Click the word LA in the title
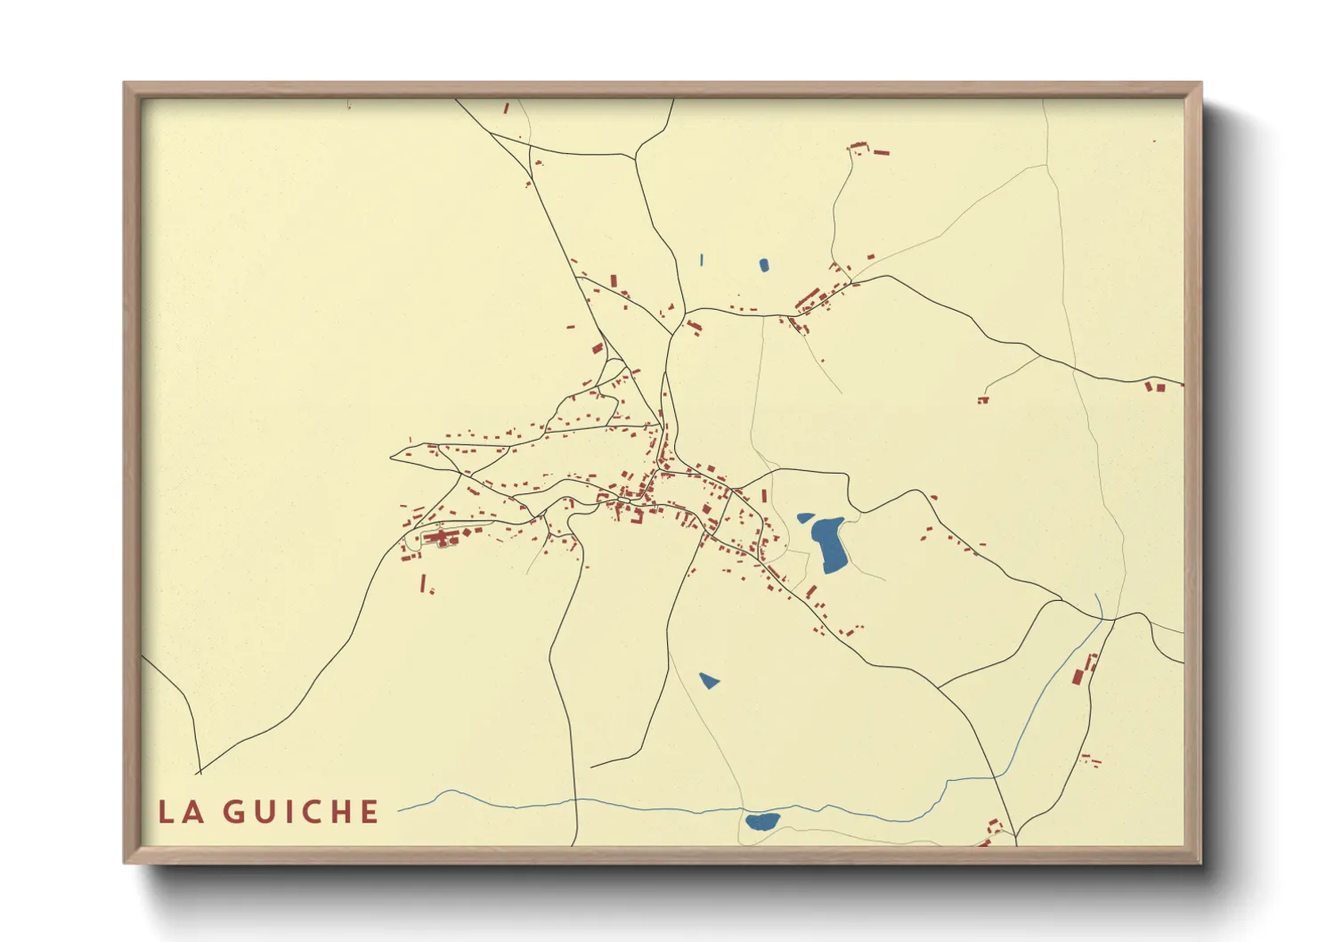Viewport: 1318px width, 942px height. pyautogui.click(x=182, y=812)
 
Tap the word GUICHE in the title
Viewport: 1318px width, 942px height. pyautogui.click(x=301, y=812)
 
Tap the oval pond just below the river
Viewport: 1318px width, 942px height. pyautogui.click(x=761, y=821)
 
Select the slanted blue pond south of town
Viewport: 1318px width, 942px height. pyautogui.click(x=709, y=681)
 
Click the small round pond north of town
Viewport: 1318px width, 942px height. pyautogui.click(x=764, y=264)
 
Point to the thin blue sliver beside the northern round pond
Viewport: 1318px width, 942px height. pyautogui.click(x=702, y=260)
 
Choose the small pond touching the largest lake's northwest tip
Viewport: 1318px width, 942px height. pyautogui.click(x=805, y=517)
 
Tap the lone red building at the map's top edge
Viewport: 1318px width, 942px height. pyautogui.click(x=507, y=108)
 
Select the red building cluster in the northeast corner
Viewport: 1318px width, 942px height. pyautogui.click(x=867, y=149)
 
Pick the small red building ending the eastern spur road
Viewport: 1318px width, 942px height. pyautogui.click(x=983, y=400)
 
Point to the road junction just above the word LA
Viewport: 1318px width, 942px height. pyautogui.click(x=199, y=771)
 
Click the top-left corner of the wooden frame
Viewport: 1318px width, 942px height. pyautogui.click(x=125, y=83)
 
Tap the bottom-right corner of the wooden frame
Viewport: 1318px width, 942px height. pyautogui.click(x=1200, y=862)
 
